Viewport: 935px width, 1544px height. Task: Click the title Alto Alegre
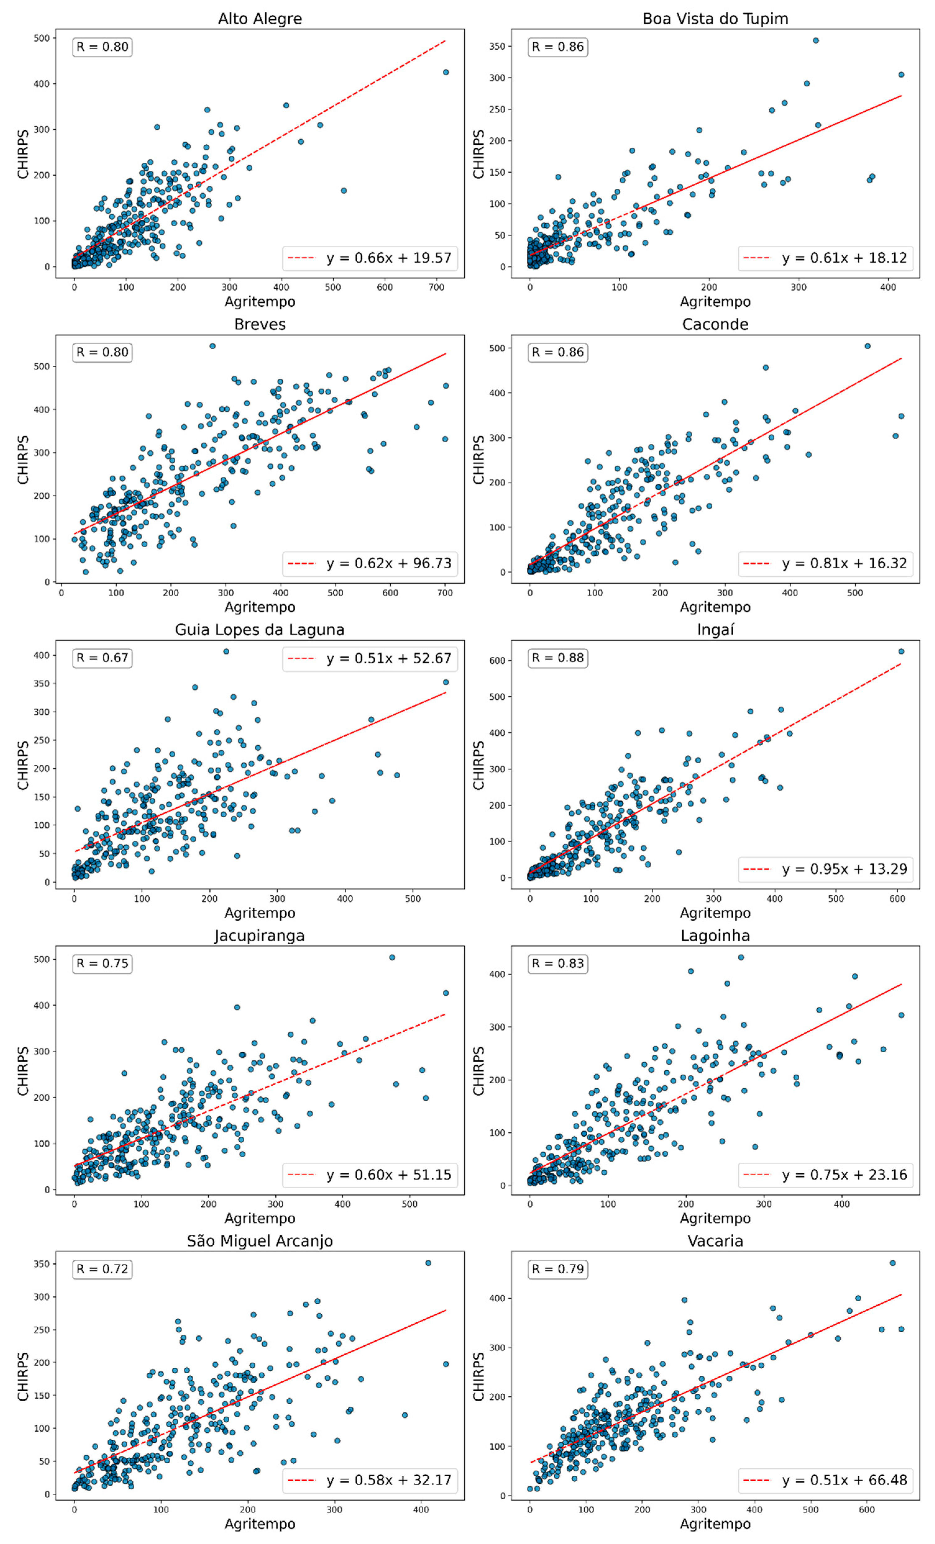[x=259, y=19]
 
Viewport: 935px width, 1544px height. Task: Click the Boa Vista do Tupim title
[x=715, y=19]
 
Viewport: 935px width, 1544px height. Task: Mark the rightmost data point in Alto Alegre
[x=446, y=72]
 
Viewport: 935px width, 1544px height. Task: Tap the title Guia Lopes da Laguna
[x=259, y=630]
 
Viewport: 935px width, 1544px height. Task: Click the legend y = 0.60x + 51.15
[x=370, y=1174]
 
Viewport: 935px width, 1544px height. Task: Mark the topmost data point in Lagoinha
[x=740, y=958]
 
